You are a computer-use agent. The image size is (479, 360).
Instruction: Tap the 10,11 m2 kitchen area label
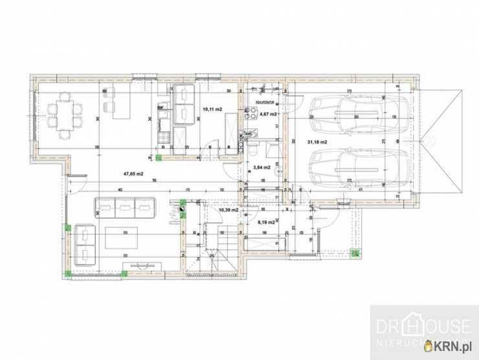coord(212,109)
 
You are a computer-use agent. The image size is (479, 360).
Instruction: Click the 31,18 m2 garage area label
coord(317,142)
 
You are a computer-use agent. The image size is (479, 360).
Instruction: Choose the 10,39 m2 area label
coord(228,210)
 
